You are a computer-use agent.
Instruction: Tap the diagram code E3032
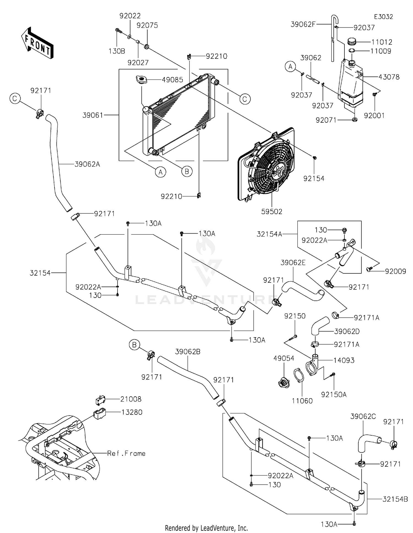point(383,17)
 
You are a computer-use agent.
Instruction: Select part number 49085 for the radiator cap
point(172,80)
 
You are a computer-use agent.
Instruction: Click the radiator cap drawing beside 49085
point(141,80)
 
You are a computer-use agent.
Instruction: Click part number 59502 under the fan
point(272,211)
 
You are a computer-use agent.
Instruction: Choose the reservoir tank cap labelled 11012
point(352,42)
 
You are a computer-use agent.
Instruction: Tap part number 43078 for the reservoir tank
point(389,77)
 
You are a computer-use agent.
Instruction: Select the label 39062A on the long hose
point(87,164)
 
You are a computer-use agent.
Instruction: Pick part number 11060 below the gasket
point(302,401)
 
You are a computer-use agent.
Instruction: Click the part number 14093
point(344,360)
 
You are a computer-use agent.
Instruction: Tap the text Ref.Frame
point(126,453)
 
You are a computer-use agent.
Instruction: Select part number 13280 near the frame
point(132,412)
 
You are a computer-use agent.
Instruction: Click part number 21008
point(131,399)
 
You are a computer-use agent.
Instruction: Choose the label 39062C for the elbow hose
point(363,416)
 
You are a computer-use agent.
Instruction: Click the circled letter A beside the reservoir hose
point(290,67)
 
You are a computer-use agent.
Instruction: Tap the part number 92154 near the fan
point(314,178)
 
